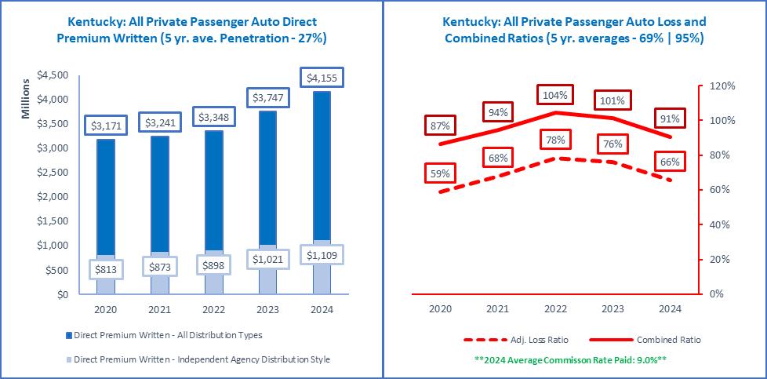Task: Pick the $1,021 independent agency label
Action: pos(268,258)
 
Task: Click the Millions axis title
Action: pos(26,99)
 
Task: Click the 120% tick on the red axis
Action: pos(722,86)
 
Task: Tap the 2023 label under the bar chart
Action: pos(268,309)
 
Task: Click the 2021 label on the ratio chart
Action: pos(497,309)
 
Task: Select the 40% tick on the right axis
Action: pos(720,224)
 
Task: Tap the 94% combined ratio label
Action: pos(497,112)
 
